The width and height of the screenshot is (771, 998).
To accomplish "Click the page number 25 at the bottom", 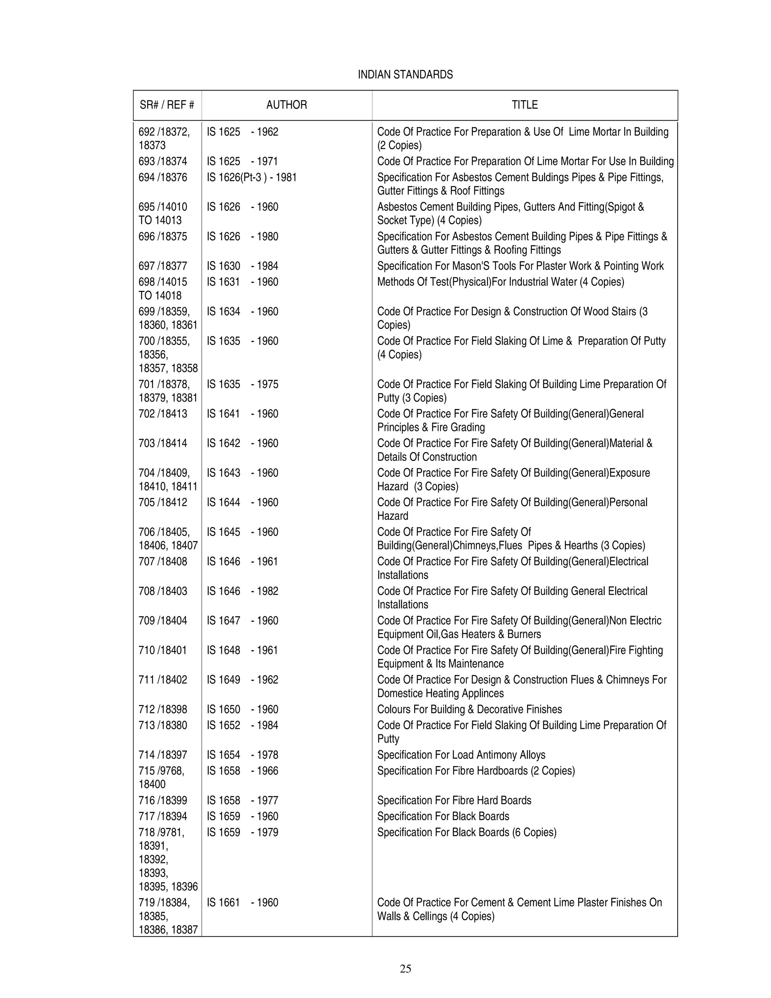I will point(405,968).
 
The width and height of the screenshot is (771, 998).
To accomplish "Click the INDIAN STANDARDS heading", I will point(405,75).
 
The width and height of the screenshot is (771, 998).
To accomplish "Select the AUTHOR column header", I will point(286,105).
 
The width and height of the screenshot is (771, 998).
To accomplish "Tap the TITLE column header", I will point(524,105).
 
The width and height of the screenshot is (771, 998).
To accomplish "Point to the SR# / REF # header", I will point(167,105).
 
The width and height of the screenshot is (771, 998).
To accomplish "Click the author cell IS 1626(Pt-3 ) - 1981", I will point(252,177).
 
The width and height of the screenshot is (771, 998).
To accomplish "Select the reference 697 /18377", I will point(163,266).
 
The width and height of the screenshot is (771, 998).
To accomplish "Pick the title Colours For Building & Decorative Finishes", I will point(469,709).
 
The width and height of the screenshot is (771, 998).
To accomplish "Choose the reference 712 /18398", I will point(163,709).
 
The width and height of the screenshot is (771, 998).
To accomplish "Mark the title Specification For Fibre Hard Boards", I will point(454,800).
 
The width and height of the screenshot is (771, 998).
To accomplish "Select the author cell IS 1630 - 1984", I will point(242,266).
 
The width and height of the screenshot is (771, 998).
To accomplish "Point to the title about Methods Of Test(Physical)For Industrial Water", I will point(500,282).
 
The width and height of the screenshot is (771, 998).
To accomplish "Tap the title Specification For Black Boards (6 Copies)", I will point(466,832).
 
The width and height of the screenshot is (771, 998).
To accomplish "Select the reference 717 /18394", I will point(163,816).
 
